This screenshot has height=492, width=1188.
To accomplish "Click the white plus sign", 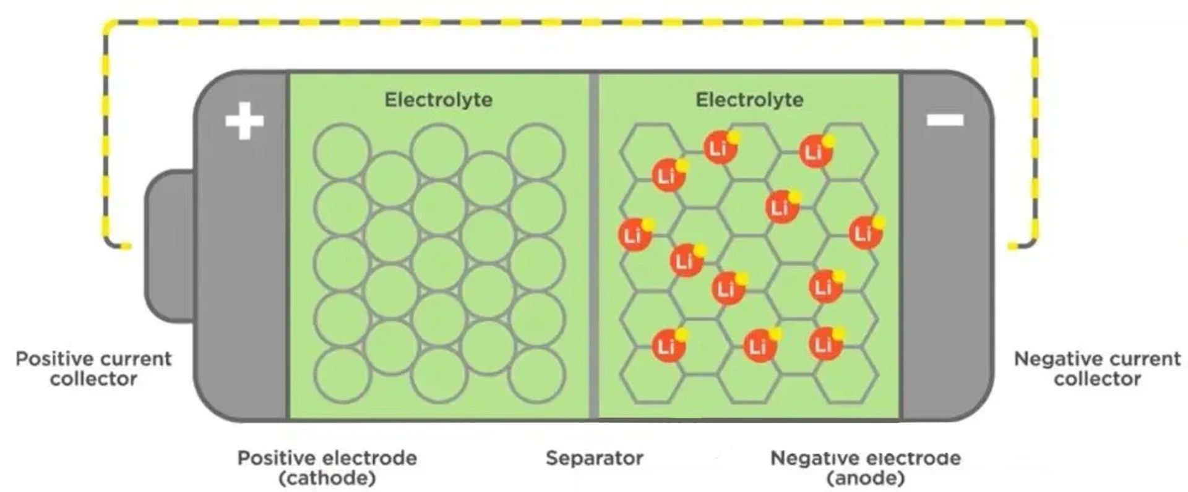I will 244,121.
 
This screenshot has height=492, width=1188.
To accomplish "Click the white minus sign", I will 945,120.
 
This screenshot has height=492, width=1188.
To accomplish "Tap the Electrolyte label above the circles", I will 438,100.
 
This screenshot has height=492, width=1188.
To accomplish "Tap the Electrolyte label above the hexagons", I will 749,100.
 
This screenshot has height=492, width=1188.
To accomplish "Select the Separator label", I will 594,458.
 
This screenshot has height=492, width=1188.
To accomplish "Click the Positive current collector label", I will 93,368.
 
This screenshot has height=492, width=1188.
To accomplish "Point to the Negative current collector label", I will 1097,368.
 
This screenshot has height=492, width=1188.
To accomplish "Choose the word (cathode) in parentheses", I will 327,478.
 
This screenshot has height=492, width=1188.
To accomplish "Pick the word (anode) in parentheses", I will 866,478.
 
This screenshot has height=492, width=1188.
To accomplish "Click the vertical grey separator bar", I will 594,247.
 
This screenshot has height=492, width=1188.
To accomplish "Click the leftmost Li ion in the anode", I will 635,235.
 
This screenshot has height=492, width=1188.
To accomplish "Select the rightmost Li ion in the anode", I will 865,232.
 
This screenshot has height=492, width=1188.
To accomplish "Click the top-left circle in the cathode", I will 342,151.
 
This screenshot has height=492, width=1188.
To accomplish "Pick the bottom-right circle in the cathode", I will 537,375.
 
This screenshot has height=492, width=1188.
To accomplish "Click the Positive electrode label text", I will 327,458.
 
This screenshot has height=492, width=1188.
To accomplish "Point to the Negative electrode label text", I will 866,458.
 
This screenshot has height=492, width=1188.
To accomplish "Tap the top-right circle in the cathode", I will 537,151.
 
